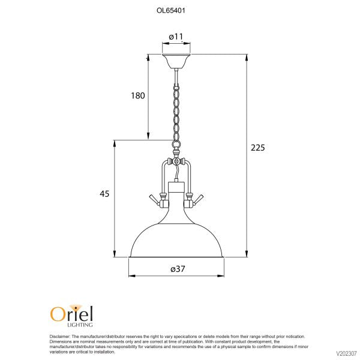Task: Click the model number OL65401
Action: (170, 11)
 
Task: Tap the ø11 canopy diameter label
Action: (176, 37)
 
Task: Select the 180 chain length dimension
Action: (138, 95)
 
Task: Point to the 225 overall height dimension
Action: (258, 148)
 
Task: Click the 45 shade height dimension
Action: (104, 194)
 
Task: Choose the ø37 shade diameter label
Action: (178, 269)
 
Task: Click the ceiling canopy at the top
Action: (176, 61)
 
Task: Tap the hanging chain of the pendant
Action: (176, 113)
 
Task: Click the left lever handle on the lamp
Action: (154, 200)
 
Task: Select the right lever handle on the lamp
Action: (198, 200)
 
